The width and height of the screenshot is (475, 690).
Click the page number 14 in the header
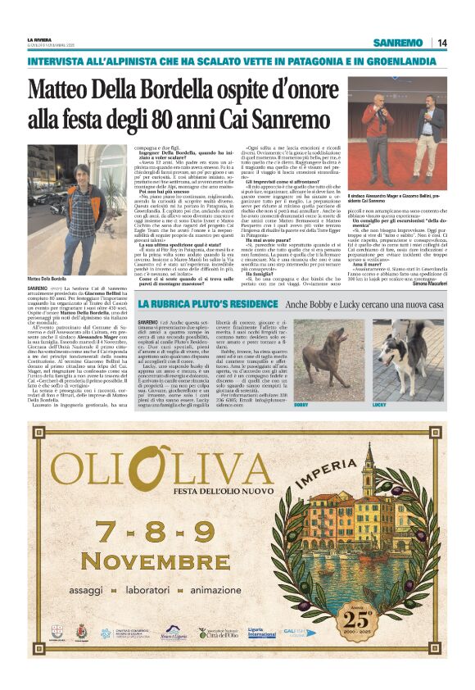442,43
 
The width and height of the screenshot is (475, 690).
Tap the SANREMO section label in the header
397,43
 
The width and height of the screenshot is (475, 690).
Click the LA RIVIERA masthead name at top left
39,39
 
